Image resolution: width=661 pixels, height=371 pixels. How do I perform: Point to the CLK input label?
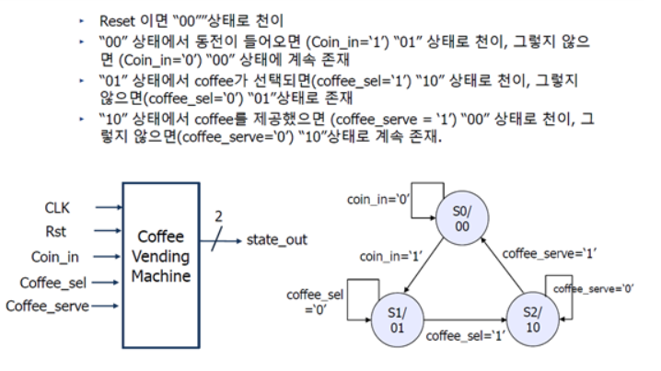coord(58,209)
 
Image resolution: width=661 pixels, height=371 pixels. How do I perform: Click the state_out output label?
coord(276,240)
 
